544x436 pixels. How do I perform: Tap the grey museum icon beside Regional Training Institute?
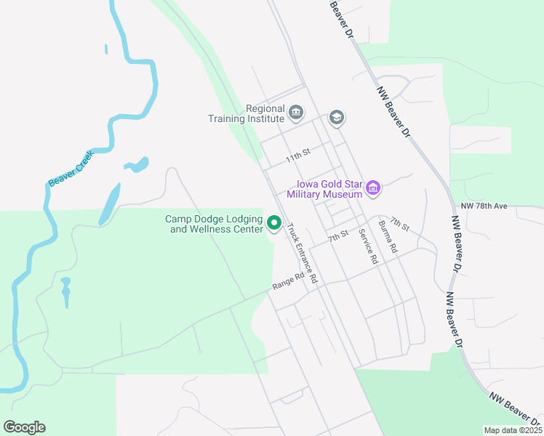coord(296,113)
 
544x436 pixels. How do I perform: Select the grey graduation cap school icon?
coord(336,117)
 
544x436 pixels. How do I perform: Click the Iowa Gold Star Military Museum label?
coord(324,189)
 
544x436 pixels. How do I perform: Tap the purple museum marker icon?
coord(373,189)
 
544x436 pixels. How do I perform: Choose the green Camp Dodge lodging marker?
coord(274,223)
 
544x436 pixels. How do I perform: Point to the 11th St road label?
coord(297,155)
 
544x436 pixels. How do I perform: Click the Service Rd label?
coord(368,246)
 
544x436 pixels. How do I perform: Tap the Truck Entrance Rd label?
coord(303,253)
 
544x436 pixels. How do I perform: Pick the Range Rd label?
coord(288,282)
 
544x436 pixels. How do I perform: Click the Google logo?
coord(24,427)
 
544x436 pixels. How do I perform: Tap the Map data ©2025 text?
coord(512,429)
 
